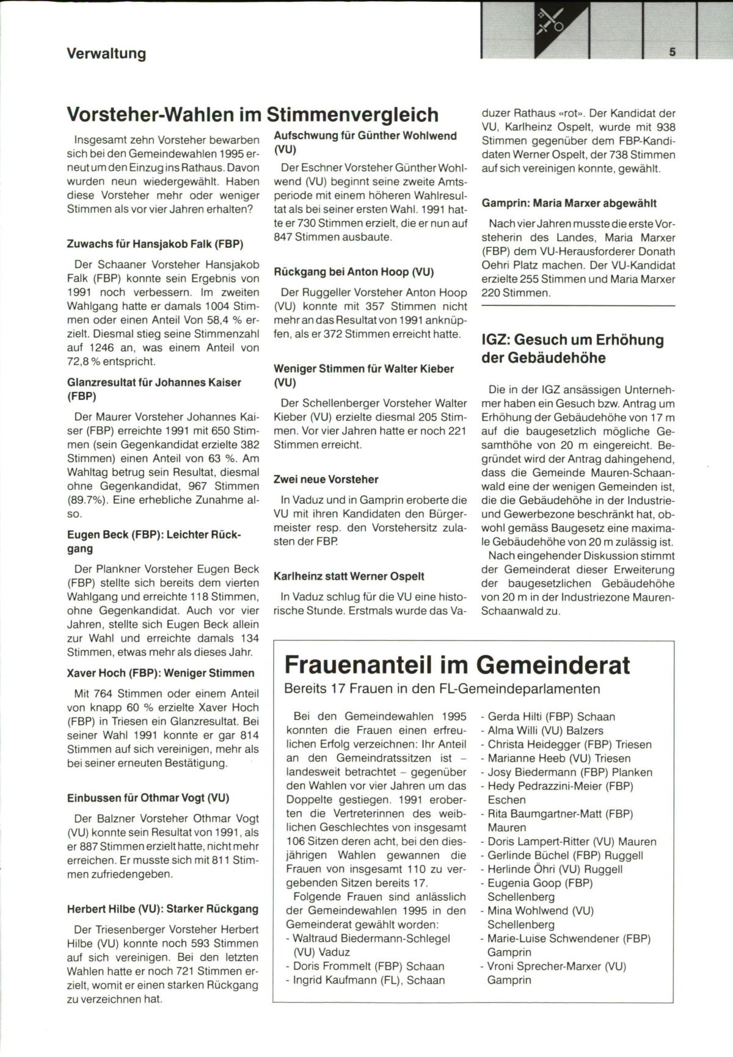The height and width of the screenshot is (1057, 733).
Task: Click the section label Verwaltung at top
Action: tap(106, 54)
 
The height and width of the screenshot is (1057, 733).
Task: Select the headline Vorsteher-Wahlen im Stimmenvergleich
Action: tap(252, 114)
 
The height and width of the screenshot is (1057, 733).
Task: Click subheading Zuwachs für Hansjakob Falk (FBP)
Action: tap(155, 244)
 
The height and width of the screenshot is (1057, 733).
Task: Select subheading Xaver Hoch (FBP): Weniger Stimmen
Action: tap(161, 674)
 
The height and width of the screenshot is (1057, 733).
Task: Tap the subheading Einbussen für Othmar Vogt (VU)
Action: tap(148, 798)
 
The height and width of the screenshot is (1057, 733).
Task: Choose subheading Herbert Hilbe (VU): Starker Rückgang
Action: tap(162, 909)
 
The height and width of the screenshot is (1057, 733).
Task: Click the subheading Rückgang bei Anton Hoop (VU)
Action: tap(354, 272)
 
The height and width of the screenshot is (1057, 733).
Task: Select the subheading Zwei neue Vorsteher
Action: tap(326, 479)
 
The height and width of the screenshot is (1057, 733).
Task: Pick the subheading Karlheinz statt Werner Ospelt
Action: tap(349, 576)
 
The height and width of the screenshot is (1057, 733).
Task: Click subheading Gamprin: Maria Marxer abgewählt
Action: tap(569, 203)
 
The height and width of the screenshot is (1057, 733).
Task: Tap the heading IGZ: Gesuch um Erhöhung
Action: tap(572, 340)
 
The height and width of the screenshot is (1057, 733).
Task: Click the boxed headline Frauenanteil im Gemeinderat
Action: tap(458, 664)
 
